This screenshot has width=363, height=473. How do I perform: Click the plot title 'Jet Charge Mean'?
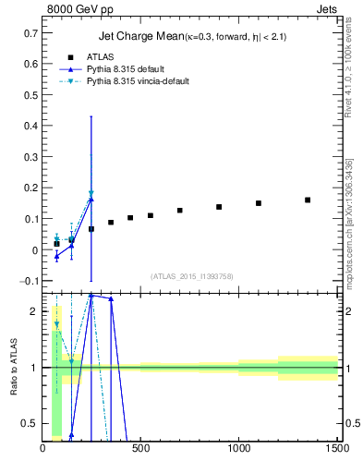tap(135, 37)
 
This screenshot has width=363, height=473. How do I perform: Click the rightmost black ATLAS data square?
tap(308, 200)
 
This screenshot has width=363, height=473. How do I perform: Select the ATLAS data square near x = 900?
tap(219, 207)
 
